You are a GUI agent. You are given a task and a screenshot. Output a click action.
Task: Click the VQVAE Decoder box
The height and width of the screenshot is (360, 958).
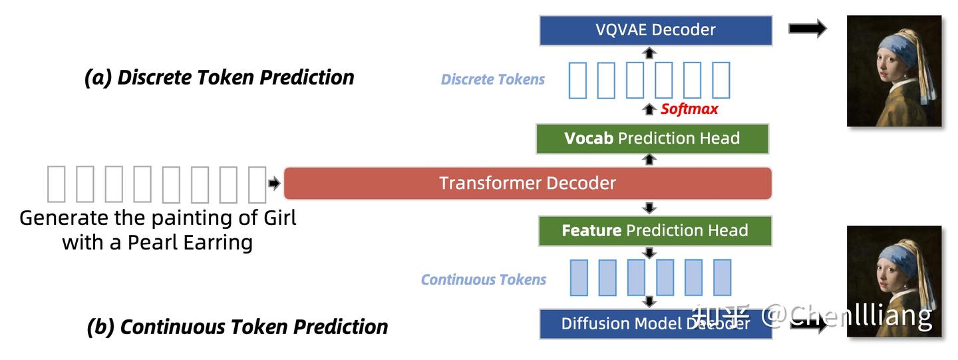point(655,30)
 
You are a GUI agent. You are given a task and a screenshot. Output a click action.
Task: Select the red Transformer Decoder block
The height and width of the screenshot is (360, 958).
point(528,183)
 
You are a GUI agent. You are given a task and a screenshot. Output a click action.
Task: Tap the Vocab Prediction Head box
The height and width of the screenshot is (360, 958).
point(652,138)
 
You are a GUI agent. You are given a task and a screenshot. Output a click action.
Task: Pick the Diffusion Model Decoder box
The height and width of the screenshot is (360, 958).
point(655,323)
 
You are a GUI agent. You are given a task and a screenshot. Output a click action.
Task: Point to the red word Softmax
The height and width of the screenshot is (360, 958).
point(689,109)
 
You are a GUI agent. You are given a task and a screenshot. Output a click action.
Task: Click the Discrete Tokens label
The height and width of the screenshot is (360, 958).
point(492,80)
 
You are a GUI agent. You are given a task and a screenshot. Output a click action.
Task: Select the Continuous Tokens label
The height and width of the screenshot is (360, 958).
point(483,279)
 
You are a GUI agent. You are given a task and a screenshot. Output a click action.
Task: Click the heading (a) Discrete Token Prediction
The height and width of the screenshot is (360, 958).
point(219,77)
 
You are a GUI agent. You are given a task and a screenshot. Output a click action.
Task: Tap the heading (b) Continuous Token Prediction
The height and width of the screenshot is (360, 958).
point(237,327)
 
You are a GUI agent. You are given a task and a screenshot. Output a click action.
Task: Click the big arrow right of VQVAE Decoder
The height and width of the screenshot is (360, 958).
point(807,29)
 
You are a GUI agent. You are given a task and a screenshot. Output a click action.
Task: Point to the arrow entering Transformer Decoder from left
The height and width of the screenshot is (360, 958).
point(274,184)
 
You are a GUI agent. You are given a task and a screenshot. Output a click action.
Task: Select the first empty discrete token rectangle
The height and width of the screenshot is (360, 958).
point(577,80)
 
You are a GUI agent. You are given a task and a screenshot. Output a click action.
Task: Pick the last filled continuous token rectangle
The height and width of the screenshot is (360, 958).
point(722,277)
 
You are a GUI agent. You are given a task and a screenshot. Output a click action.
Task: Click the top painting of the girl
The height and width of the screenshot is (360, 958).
point(893,71)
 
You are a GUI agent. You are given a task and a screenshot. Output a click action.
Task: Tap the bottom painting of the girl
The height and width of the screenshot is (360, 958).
point(893,281)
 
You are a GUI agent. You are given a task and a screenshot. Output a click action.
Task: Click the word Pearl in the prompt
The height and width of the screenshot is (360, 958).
point(153,242)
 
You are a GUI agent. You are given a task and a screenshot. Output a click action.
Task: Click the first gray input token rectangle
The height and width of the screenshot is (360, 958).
point(56,184)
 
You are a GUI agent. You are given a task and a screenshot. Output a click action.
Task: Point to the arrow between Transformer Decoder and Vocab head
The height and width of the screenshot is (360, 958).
point(650,160)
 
